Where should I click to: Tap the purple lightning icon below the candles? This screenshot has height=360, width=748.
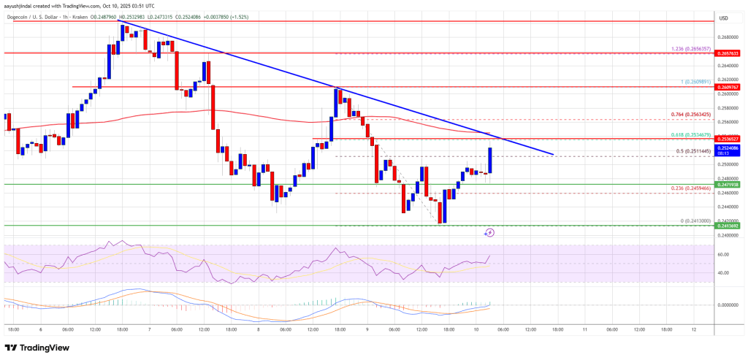click(x=489, y=232)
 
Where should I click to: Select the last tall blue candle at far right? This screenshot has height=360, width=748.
click(x=489, y=161)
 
